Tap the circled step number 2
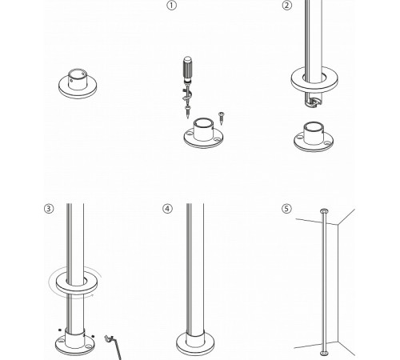(x=287, y=6)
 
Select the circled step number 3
(x=49, y=209)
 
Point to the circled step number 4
(x=167, y=209)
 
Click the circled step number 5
(x=287, y=209)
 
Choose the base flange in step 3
(x=74, y=342)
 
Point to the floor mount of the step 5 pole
(x=323, y=352)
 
